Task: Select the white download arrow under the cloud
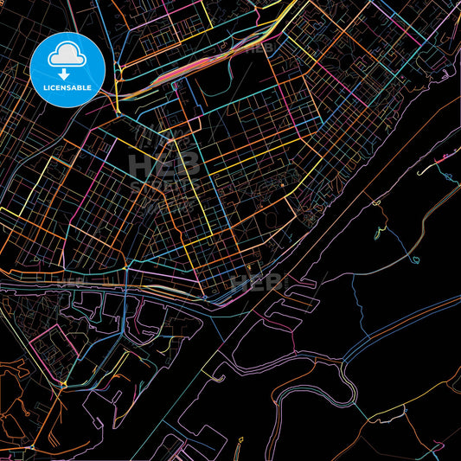tap(65, 71)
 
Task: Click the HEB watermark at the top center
tap(259, 48)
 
